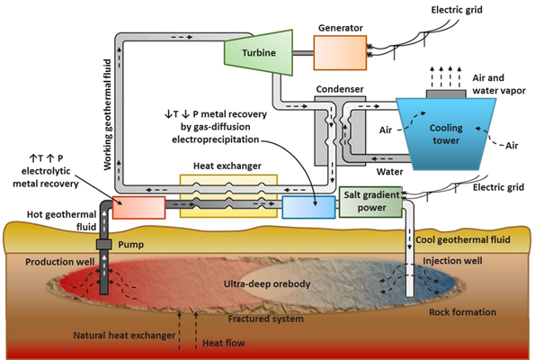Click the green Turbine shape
[x=259, y=52]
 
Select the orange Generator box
[x=340, y=53]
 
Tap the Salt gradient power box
[x=370, y=202]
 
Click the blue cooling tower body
[x=446, y=134]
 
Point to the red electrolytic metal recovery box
[x=138, y=208]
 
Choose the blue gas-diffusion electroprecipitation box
[x=308, y=208]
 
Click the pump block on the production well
[x=103, y=245]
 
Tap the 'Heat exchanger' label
[x=227, y=166]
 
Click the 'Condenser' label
[x=340, y=89]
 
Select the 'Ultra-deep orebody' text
[x=267, y=284]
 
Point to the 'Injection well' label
[x=452, y=261]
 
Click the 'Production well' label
[x=59, y=262]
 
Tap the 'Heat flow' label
[x=223, y=343]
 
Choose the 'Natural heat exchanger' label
[x=124, y=336]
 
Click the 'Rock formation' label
[x=462, y=312]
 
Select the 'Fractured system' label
[x=266, y=319]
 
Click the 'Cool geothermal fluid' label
[x=463, y=240]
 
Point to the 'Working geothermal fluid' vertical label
[x=108, y=114]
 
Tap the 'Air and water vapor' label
[x=498, y=84]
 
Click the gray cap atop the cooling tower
[x=446, y=94]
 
